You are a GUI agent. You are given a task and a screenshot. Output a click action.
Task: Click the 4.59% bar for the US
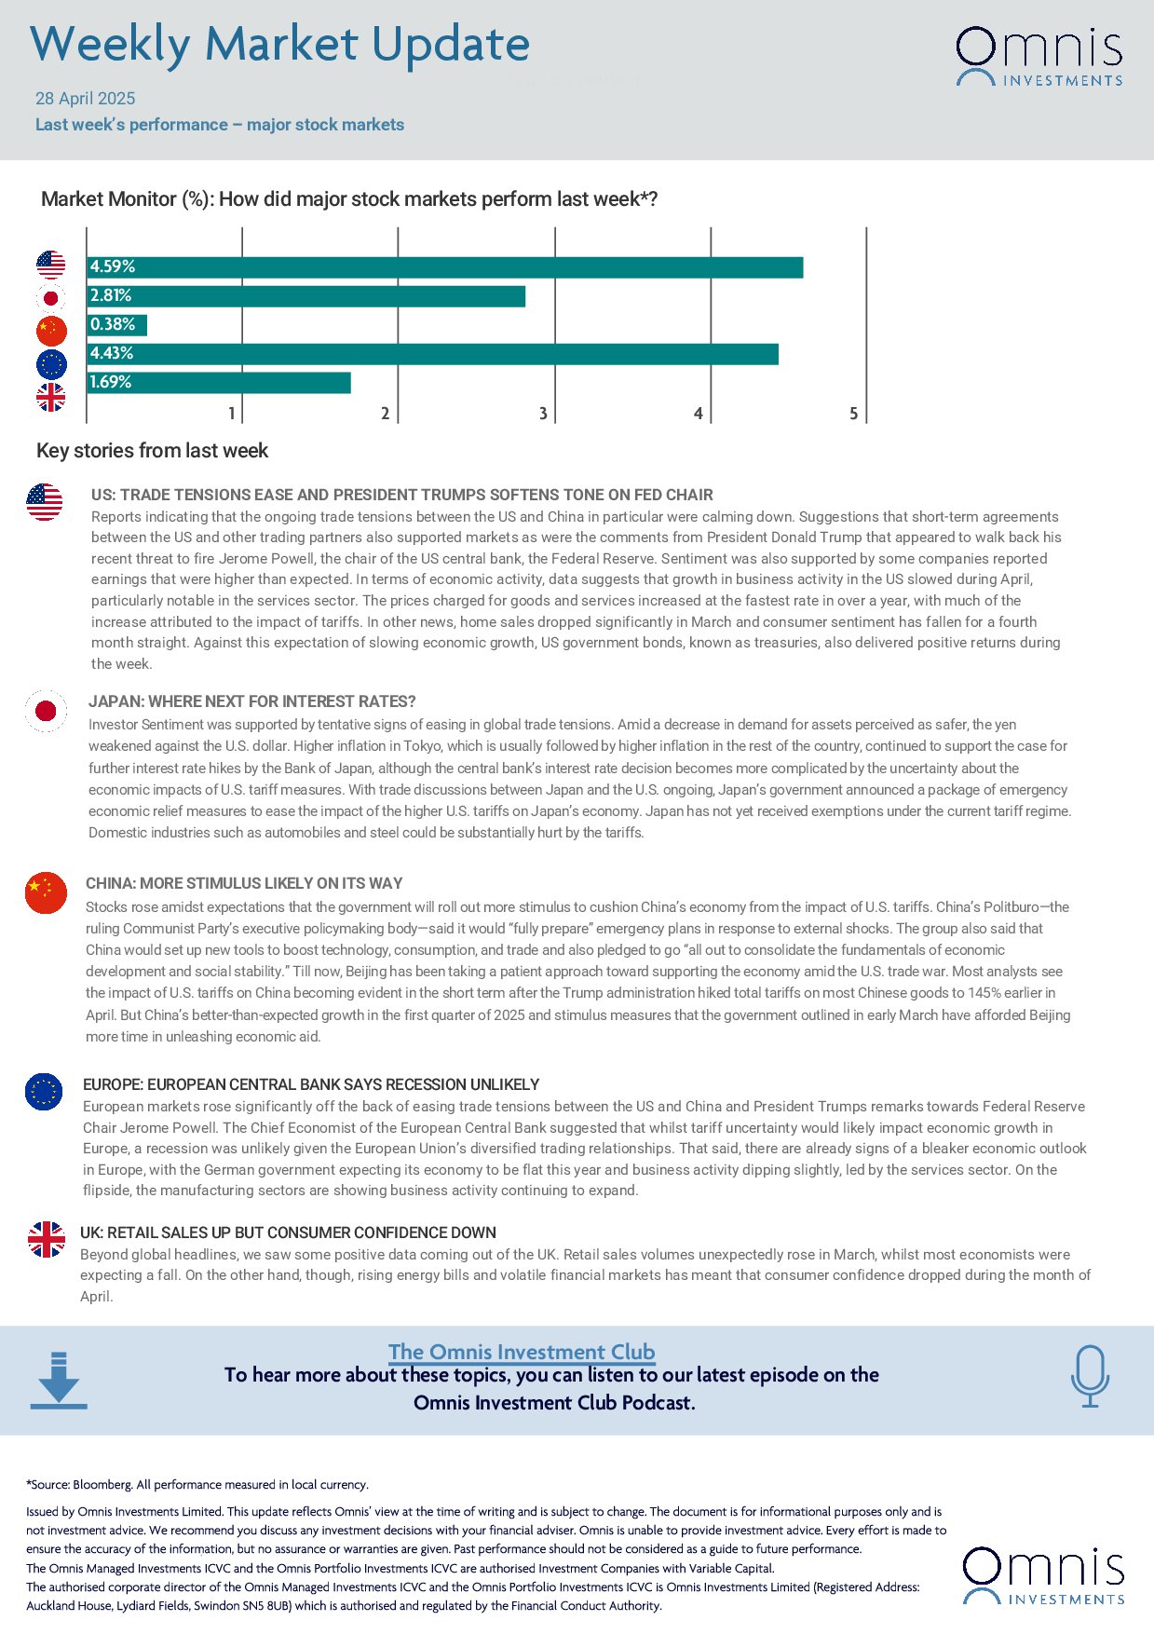pos(445,267)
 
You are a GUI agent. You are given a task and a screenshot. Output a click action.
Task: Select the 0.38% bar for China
pos(117,325)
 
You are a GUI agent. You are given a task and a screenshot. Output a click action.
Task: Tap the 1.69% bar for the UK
pos(219,383)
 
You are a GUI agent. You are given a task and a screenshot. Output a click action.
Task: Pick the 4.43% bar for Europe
pos(433,354)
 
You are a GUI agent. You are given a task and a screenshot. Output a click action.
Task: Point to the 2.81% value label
pos(111,295)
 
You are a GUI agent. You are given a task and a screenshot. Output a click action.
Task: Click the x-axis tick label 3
pos(543,413)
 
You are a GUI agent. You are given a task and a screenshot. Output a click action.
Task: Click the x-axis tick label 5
pos(853,413)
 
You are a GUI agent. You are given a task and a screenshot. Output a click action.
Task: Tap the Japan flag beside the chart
pos(51,298)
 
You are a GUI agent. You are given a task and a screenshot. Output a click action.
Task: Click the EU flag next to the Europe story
pos(44,1091)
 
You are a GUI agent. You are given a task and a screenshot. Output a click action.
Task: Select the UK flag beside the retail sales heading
pos(46,1239)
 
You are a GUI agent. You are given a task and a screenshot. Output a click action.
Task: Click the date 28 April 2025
pos(86,99)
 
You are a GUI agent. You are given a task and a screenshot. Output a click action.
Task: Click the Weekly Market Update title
pos(279,45)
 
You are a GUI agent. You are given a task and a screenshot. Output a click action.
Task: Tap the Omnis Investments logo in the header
pos(1039,57)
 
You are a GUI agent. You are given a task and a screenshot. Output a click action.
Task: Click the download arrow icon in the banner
pos(59,1380)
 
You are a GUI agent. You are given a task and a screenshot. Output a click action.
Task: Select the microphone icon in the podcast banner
pos(1090,1375)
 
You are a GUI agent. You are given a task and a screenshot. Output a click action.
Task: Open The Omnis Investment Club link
pos(522,1352)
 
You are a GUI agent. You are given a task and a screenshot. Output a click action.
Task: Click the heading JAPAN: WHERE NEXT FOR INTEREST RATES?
pos(252,701)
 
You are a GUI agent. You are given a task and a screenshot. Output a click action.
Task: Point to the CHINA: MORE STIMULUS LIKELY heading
pos(244,883)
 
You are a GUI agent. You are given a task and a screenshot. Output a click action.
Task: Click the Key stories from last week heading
pos(152,451)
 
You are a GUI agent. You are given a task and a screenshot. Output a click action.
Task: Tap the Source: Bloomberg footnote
pos(197,1484)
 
